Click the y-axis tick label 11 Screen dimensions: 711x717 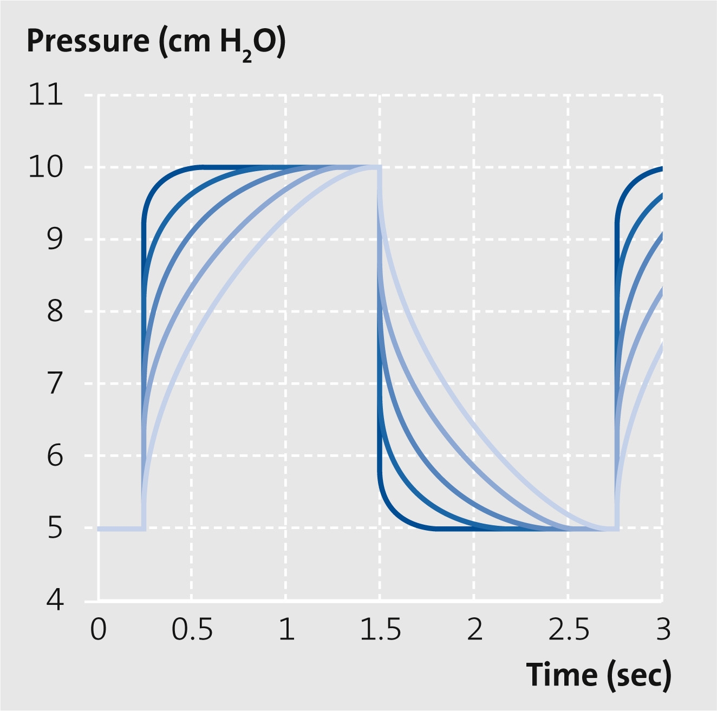click(45, 95)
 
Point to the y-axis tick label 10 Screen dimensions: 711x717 click(45, 167)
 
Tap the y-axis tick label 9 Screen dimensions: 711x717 click(55, 240)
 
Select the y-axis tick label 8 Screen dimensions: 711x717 click(55, 312)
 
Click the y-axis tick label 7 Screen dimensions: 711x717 click(55, 384)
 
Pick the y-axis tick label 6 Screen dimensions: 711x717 click(55, 456)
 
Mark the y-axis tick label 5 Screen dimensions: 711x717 click(55, 528)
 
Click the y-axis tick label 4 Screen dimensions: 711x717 click(55, 600)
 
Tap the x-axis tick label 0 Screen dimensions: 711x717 click(98, 630)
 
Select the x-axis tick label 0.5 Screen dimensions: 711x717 click(192, 630)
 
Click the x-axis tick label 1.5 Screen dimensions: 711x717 click(380, 630)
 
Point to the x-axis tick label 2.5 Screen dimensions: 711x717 click(568, 630)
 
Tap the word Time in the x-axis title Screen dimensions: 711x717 click(562, 675)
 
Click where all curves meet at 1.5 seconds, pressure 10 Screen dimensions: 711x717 click(380, 168)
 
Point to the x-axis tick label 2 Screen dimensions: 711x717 click(474, 630)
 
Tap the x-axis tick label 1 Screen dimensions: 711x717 click(286, 630)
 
